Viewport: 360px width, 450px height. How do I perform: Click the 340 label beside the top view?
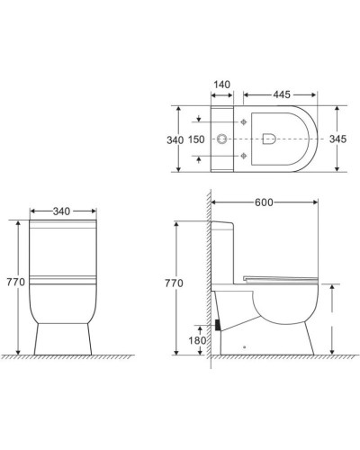tap(175, 140)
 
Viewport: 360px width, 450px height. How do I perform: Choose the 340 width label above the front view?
tap(62, 211)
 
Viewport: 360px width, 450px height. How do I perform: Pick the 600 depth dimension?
tap(265, 203)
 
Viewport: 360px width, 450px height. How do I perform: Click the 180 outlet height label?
tap(196, 340)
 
